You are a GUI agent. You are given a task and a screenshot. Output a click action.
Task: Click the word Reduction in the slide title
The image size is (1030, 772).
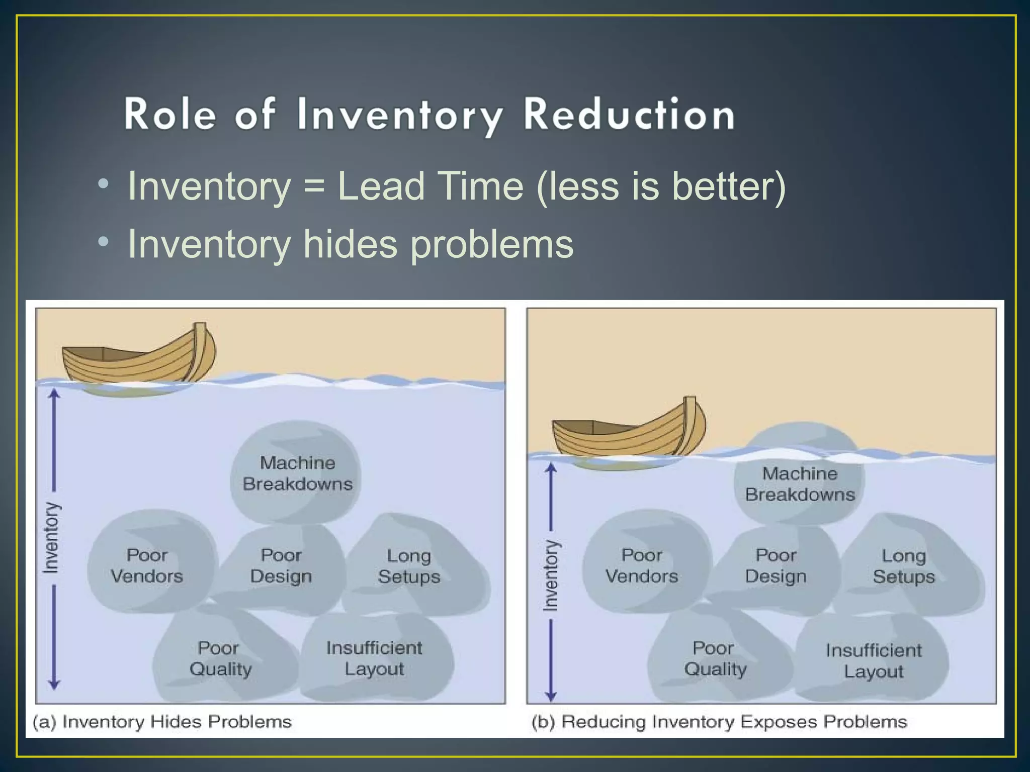tap(629, 115)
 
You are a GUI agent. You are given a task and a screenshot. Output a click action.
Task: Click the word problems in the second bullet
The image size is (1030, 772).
tap(491, 245)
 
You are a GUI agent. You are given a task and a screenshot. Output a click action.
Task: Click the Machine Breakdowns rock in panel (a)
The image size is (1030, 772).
tap(297, 473)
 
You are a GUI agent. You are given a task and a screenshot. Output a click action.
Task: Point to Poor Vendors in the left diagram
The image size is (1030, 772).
tap(146, 565)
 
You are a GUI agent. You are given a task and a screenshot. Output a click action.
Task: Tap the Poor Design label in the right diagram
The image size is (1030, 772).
tap(776, 565)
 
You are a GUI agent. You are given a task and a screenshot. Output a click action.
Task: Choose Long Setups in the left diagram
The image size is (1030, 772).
tap(409, 566)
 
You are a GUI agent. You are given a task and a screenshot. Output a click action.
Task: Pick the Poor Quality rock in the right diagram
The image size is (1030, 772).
tap(715, 658)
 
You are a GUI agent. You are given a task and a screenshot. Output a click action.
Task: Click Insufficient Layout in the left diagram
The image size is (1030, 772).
tap(374, 658)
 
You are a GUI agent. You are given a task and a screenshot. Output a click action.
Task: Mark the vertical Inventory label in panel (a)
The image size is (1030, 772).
tap(51, 538)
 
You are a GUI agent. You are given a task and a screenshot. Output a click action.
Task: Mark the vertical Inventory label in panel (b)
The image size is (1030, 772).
tap(551, 575)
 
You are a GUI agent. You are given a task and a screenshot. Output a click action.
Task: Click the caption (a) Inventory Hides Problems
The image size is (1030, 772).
tap(162, 722)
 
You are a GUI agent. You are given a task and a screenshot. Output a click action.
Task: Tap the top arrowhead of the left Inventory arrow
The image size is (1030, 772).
tap(54, 394)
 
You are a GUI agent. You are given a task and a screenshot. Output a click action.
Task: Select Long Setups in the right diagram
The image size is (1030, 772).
tap(904, 566)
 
